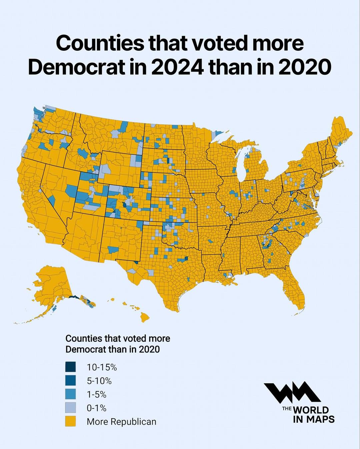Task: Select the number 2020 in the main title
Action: pyautogui.click(x=304, y=67)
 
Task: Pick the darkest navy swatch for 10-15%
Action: pyautogui.click(x=70, y=367)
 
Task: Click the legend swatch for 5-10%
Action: pyautogui.click(x=70, y=380)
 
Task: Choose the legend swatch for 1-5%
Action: pyautogui.click(x=70, y=394)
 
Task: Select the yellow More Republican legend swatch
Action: pyautogui.click(x=70, y=421)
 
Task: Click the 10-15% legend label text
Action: pyautogui.click(x=102, y=367)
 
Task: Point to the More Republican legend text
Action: pyautogui.click(x=121, y=422)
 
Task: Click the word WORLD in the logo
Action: pyautogui.click(x=311, y=410)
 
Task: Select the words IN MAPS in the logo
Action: pyautogui.click(x=313, y=419)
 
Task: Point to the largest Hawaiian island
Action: pyautogui.click(x=144, y=317)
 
